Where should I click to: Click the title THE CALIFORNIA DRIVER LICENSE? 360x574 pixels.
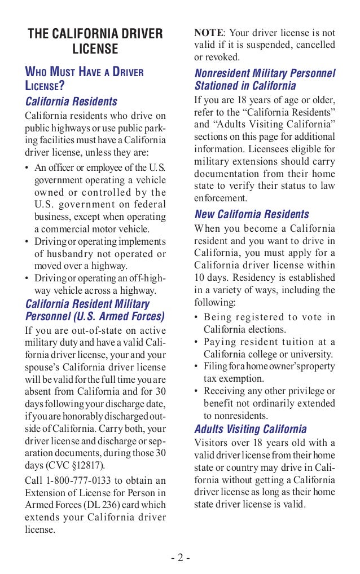click(95, 42)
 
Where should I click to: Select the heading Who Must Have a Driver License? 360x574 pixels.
click(85, 79)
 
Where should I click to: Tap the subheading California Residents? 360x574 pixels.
click(72, 101)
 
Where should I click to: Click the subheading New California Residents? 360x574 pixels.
click(252, 214)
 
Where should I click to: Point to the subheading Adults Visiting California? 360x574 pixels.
click(251, 429)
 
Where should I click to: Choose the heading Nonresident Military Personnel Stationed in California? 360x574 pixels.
click(265, 80)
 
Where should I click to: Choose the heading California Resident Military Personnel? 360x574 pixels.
click(95, 310)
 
